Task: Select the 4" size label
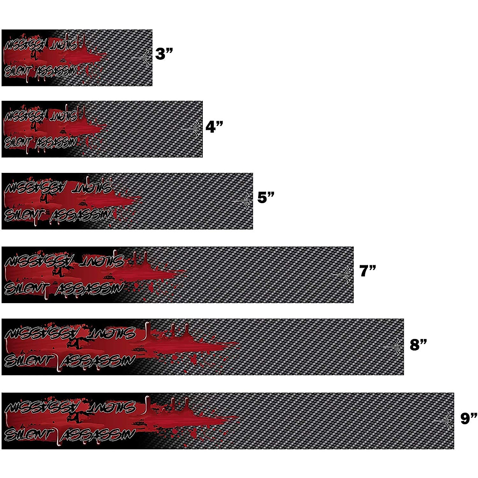pyautogui.click(x=214, y=127)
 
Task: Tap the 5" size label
pyautogui.click(x=266, y=198)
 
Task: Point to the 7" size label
pyautogui.click(x=367, y=271)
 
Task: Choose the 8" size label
pyautogui.click(x=418, y=345)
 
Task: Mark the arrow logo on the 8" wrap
pyautogui.click(x=393, y=347)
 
